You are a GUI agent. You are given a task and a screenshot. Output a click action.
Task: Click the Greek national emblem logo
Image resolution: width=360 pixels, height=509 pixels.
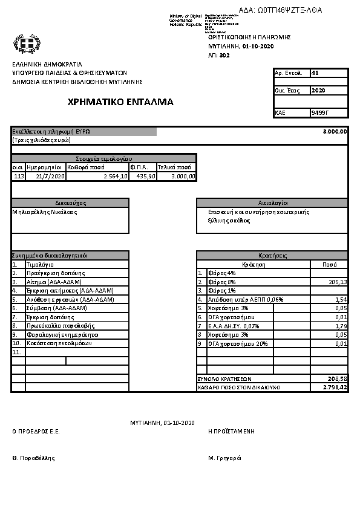point(26,44)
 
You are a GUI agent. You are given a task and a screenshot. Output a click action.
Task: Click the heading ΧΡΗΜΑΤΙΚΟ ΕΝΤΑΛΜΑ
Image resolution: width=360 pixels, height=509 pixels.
point(121,102)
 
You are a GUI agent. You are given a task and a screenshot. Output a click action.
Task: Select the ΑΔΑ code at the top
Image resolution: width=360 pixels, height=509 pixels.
point(281,10)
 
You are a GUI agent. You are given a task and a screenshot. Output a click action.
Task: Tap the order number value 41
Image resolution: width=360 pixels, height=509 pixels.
point(315,73)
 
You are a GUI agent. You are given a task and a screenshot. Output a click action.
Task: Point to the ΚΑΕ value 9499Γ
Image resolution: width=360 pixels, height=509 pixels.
point(319,112)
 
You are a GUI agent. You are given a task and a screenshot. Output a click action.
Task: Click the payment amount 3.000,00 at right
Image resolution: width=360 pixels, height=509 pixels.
point(335,132)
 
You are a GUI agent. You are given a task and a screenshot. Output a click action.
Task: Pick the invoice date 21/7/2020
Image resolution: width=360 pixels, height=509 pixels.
point(50,177)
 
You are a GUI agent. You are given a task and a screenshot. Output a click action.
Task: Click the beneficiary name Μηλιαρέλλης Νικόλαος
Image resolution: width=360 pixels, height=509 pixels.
point(45,212)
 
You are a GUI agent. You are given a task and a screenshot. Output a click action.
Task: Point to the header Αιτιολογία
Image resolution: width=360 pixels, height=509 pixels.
point(272,203)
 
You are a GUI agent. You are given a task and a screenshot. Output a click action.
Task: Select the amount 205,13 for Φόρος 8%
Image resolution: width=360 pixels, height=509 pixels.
point(337,282)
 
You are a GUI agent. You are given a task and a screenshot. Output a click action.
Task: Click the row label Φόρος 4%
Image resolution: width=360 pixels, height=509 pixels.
point(218,273)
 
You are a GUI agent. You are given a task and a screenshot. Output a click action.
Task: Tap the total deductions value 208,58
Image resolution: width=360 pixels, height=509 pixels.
point(337,378)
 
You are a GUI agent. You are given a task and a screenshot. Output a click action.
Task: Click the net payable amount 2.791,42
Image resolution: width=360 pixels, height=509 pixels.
point(335,387)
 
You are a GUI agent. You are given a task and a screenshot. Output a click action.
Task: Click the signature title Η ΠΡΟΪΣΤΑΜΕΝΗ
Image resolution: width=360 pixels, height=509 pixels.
point(231,432)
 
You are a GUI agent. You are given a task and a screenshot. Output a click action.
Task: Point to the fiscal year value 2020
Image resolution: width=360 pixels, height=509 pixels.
point(318,91)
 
